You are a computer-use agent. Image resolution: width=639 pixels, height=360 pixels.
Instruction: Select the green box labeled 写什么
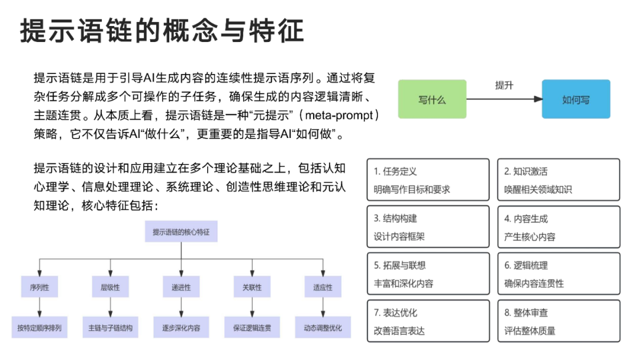(432, 99)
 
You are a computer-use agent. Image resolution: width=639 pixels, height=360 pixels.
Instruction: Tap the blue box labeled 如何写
(575, 99)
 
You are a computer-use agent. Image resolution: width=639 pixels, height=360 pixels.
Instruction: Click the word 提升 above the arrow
(504, 85)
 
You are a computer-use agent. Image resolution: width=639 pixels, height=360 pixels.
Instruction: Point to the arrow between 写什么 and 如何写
(504, 99)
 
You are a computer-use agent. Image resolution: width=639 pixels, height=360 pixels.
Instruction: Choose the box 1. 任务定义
(428, 180)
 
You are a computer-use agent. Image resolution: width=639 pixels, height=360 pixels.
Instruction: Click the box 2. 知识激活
(558, 180)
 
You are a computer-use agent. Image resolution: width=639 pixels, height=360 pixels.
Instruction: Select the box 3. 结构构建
(428, 227)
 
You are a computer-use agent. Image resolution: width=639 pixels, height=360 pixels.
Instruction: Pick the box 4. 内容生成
(558, 227)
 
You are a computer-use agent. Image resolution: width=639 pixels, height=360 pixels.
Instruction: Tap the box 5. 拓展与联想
(428, 274)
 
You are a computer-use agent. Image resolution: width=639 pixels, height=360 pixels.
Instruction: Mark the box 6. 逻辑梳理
(558, 274)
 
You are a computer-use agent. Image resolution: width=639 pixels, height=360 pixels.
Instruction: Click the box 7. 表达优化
(428, 321)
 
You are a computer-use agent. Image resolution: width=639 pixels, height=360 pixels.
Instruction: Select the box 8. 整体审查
(558, 321)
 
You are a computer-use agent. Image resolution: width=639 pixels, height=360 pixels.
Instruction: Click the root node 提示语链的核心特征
(181, 232)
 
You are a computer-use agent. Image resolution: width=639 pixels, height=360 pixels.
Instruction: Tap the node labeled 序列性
(39, 287)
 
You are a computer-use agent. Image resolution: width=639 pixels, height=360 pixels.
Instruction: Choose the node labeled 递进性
(181, 287)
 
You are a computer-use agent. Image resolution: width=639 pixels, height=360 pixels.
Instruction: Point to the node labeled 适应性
(322, 287)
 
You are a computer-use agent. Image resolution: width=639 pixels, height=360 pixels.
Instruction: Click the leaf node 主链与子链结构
(110, 327)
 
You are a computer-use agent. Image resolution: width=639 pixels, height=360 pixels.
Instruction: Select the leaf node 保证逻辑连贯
(252, 327)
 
